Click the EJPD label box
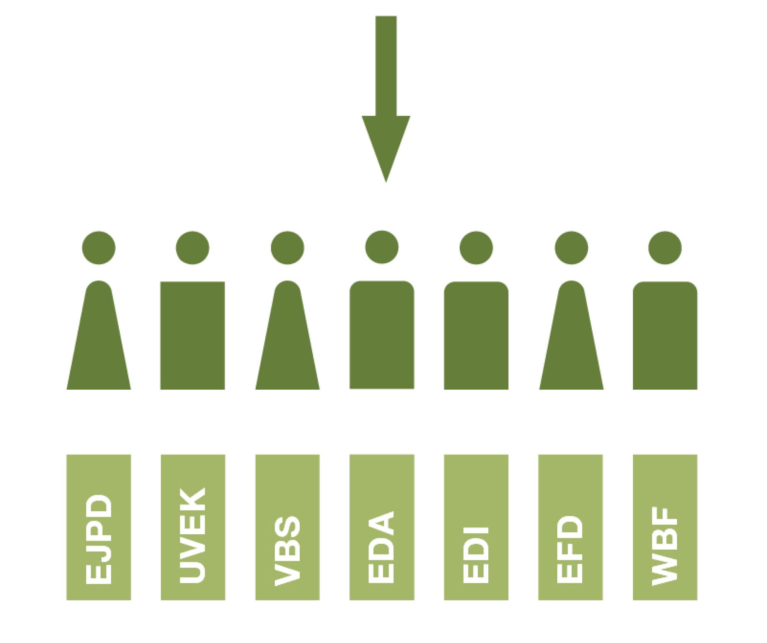click(99, 527)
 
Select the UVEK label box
click(193, 527)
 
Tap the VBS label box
click(287, 527)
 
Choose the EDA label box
click(382, 527)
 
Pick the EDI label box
click(476, 527)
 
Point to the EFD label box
click(571, 527)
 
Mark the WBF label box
click(665, 527)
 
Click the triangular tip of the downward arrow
click(386, 182)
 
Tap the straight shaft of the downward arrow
click(386, 66)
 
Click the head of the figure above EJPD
click(99, 248)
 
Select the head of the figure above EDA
click(382, 247)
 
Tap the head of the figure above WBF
click(665, 248)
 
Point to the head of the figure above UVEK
click(193, 248)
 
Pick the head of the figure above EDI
click(476, 248)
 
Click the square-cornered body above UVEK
click(193, 336)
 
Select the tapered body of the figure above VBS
click(287, 337)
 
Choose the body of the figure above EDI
click(476, 336)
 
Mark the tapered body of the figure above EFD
click(571, 337)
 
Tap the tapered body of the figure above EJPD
click(99, 337)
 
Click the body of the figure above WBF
click(665, 336)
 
